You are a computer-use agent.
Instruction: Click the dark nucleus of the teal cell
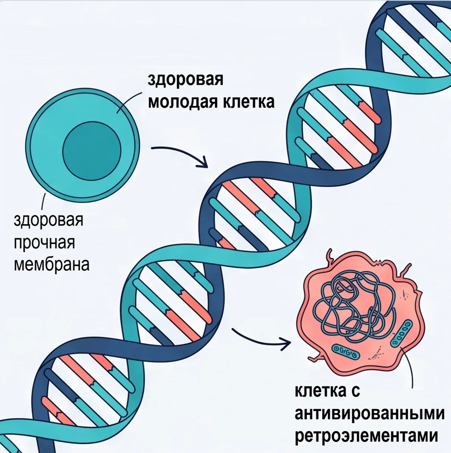[92, 151]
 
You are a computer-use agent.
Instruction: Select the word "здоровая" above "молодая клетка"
[185, 80]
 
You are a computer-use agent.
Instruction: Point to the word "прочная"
[44, 243]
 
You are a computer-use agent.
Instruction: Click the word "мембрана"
[52, 265]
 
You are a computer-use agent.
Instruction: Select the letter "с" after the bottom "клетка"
[356, 391]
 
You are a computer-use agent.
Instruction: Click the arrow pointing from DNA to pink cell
[262, 340]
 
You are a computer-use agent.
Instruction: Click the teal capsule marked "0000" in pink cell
[402, 333]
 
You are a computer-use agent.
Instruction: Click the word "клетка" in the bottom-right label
[321, 390]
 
